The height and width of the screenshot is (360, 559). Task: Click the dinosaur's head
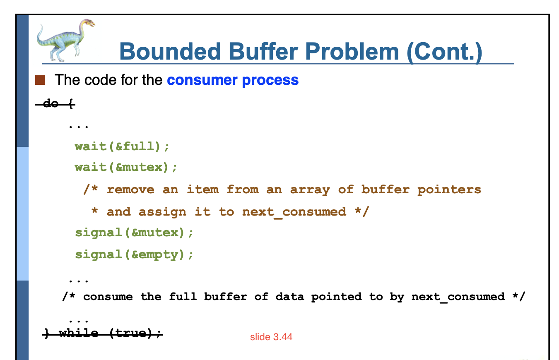[89, 23]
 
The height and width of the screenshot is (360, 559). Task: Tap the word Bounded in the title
[170, 52]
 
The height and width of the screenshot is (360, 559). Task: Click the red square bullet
[40, 80]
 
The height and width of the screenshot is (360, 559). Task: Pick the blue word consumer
[201, 80]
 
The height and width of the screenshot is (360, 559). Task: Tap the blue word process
[270, 81]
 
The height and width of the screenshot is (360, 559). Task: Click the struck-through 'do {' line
[55, 103]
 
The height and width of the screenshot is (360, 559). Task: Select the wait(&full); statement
[122, 146]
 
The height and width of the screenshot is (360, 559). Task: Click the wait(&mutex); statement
[126, 167]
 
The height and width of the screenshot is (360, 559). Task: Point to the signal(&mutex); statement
[134, 233]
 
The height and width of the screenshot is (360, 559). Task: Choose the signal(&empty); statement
[134, 255]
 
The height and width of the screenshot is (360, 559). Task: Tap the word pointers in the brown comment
[449, 190]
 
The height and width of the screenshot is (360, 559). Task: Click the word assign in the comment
[162, 212]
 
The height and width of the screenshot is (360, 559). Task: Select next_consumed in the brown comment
[294, 212]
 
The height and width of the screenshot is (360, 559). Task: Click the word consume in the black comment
[108, 297]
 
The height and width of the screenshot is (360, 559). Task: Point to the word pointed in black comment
[336, 297]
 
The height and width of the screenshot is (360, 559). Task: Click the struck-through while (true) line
[103, 333]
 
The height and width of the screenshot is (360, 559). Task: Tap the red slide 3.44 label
[271, 337]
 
